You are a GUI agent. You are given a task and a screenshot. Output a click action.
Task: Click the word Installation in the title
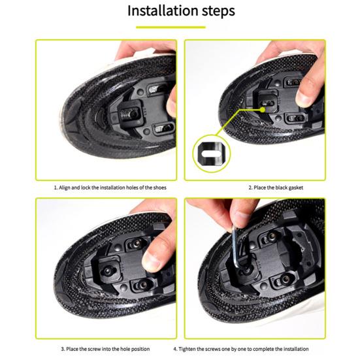(x=159, y=11)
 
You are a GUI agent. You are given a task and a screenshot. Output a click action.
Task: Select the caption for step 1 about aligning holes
(x=109, y=188)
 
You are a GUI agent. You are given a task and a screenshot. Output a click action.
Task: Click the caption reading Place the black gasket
(x=276, y=188)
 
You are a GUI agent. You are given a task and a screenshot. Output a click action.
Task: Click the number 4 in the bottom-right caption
(x=175, y=348)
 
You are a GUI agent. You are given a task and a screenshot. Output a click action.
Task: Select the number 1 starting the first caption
(x=55, y=188)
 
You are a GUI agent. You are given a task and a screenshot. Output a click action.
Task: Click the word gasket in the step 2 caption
(x=293, y=188)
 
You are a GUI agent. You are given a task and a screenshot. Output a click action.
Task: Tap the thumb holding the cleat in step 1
(x=171, y=98)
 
